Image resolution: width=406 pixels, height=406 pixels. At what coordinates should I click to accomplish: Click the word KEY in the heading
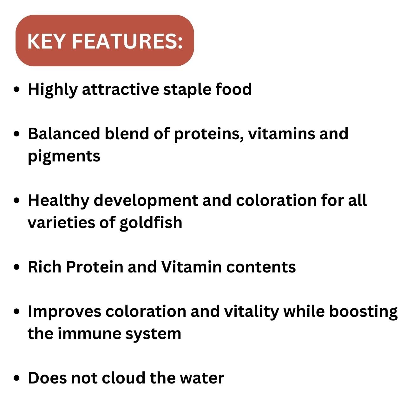point(47,41)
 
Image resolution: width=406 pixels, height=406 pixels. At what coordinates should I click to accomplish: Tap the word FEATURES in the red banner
point(127,41)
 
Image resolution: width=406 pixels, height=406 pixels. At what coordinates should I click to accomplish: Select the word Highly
point(52,90)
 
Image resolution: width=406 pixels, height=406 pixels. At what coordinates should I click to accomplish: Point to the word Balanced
point(63,134)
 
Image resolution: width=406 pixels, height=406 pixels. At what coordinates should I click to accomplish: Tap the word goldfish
point(151,223)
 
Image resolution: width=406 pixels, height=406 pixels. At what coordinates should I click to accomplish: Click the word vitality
point(251,312)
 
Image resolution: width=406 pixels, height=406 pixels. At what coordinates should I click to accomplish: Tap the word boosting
point(363,312)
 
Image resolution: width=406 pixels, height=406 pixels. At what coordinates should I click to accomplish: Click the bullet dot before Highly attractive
point(18,90)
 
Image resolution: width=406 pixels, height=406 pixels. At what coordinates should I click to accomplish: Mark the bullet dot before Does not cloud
point(18,378)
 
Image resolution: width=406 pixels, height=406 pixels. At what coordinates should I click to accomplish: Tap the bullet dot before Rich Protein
point(18,267)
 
